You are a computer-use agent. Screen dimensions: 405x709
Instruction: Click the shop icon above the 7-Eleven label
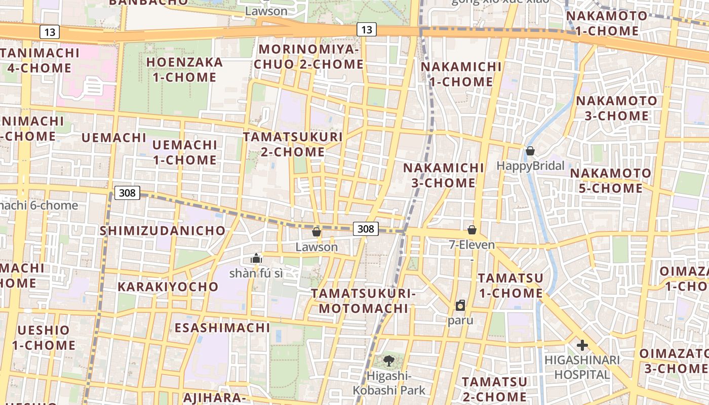472,230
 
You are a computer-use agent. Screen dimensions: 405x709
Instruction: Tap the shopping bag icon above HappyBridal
530,151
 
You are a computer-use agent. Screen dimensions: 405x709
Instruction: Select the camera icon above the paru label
460,305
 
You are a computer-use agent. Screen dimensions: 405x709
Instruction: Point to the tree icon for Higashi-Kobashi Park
388,360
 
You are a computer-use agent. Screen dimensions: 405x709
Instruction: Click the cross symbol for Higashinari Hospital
582,345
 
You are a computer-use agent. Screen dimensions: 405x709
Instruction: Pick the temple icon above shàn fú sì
256,258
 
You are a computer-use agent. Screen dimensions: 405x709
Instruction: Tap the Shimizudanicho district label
163,230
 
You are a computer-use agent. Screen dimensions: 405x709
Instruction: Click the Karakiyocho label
168,287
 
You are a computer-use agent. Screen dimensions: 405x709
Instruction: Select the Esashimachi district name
222,328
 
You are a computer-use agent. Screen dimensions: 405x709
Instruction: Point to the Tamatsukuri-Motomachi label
363,301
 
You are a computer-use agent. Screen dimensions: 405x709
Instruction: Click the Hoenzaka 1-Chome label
184,70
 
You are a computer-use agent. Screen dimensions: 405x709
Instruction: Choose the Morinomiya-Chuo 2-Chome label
309,57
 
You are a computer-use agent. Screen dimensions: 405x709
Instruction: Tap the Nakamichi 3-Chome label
444,175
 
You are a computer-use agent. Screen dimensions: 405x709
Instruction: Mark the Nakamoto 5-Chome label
611,181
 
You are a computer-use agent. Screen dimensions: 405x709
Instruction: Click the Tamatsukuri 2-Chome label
293,144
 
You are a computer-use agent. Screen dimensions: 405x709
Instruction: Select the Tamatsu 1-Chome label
510,286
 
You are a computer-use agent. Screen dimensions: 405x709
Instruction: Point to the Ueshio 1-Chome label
44,338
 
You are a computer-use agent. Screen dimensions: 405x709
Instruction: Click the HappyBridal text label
530,166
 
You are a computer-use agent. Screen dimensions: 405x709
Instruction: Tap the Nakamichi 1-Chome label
461,74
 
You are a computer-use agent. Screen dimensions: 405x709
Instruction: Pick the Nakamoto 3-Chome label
616,108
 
